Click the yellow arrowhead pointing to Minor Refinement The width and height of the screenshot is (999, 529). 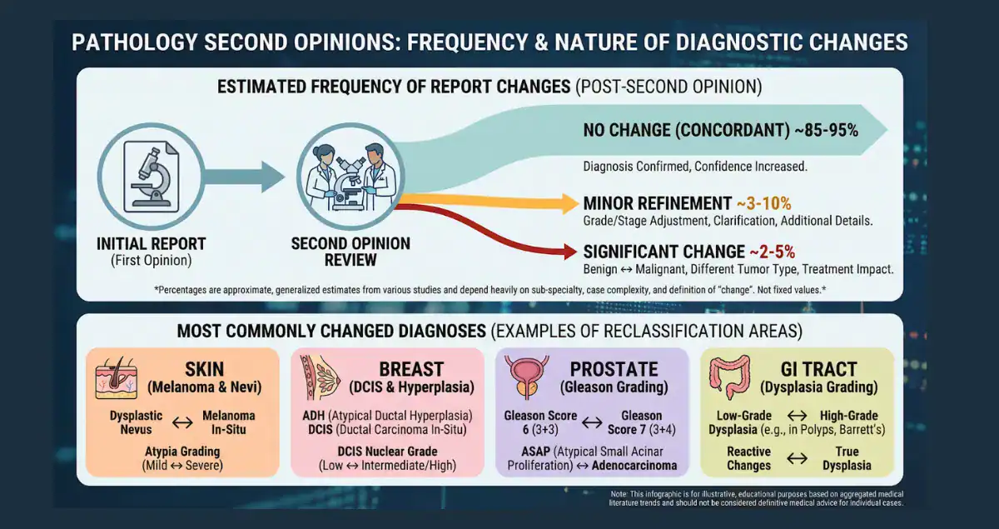click(569, 203)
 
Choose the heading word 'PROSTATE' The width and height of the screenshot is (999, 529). click(614, 369)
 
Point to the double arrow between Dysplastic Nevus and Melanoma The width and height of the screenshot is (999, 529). click(181, 422)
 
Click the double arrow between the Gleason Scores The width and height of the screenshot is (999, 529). click(591, 422)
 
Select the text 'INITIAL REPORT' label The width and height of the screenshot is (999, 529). click(151, 244)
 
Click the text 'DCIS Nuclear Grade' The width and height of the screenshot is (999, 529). click(387, 452)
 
